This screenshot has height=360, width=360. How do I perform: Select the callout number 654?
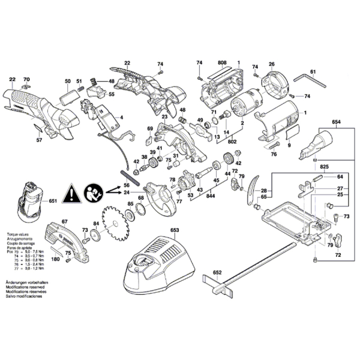point(335,122)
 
